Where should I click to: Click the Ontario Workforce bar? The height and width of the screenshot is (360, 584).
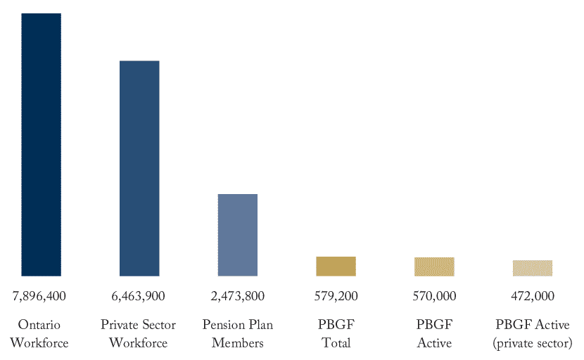tap(41, 144)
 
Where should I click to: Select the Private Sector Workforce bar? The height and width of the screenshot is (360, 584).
tap(139, 168)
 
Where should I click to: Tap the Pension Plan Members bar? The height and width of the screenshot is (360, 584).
tap(238, 235)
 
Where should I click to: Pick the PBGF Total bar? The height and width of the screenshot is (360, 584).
tap(336, 266)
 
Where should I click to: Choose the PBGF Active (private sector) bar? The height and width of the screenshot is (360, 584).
tap(533, 268)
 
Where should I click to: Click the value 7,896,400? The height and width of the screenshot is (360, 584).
tap(39, 296)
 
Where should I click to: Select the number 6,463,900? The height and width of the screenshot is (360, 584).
tap(138, 296)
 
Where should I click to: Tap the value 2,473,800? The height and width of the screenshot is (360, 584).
tap(238, 296)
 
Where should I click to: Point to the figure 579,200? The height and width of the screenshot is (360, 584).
tap(336, 296)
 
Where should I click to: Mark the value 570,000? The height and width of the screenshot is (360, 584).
tap(434, 296)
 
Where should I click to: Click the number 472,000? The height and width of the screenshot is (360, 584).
tap(533, 296)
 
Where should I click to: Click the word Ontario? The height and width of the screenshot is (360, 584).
tap(40, 325)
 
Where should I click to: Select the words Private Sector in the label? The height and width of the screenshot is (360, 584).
tap(138, 325)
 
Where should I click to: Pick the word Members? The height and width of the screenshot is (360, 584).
tap(238, 343)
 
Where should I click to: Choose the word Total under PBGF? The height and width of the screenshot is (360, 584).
tap(336, 343)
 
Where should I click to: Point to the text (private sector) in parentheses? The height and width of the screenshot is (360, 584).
tap(533, 343)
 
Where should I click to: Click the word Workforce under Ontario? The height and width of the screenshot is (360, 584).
tap(40, 343)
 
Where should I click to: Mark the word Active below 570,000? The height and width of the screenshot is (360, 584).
tap(434, 343)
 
